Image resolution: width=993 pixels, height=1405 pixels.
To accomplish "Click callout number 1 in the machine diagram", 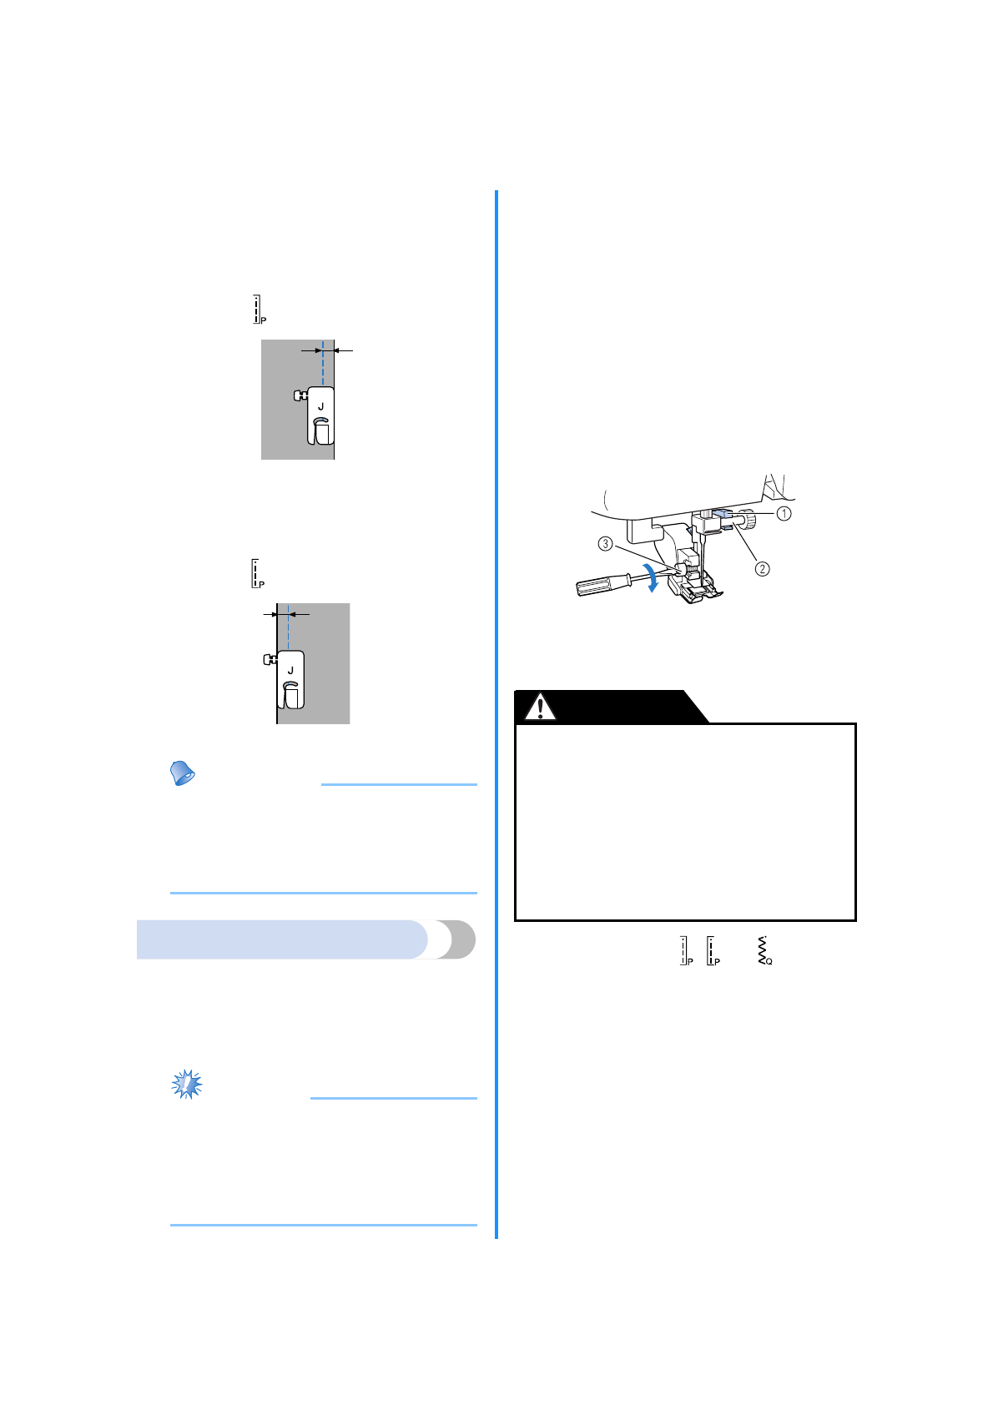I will (x=784, y=514).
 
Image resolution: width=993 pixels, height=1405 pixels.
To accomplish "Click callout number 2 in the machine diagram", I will (x=762, y=569).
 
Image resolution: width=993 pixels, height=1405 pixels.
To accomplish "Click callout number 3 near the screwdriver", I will (x=606, y=544).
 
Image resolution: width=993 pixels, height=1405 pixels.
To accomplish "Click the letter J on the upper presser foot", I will (x=320, y=406).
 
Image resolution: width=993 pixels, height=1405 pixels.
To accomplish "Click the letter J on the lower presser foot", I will (x=290, y=670).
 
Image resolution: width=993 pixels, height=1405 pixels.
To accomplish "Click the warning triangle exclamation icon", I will (x=540, y=708).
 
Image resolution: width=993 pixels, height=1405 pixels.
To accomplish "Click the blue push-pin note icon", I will (x=182, y=773).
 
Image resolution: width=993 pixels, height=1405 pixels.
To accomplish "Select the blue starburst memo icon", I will (x=186, y=1084).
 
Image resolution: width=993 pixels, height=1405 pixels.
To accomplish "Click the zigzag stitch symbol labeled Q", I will (x=764, y=951).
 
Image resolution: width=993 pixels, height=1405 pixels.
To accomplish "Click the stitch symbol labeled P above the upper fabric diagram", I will (x=259, y=309).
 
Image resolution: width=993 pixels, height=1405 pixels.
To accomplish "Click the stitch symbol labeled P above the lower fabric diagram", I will (x=257, y=573).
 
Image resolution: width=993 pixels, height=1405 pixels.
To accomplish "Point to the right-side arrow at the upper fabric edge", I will (x=344, y=351).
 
